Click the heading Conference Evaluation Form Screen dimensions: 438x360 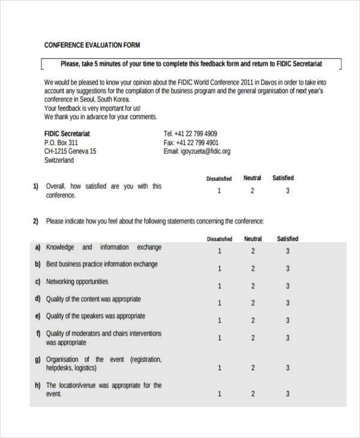pos(92,45)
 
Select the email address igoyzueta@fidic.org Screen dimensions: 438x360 pos(197,152)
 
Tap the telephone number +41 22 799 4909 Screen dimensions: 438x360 pos(190,134)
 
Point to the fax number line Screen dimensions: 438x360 pos(190,143)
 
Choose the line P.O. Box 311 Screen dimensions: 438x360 pos(61,143)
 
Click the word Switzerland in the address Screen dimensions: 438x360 pos(59,161)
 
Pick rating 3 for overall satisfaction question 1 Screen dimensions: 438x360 pos(287,191)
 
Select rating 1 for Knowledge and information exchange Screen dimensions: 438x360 pos(220,251)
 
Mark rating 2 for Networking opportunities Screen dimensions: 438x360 pos(253,286)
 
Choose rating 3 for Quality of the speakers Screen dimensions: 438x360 pos(287,320)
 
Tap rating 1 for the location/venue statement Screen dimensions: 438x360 pos(220,394)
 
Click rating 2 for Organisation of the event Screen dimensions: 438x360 pos(253,367)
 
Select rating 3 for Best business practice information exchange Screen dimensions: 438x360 pos(287,268)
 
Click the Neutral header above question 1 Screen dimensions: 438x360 pos(252,178)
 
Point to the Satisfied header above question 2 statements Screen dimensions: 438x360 pos(287,239)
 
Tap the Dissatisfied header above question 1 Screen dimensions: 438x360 pos(219,179)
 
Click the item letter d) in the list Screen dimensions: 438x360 pos(38,299)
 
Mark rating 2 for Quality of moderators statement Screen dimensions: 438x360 pos(253,338)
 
